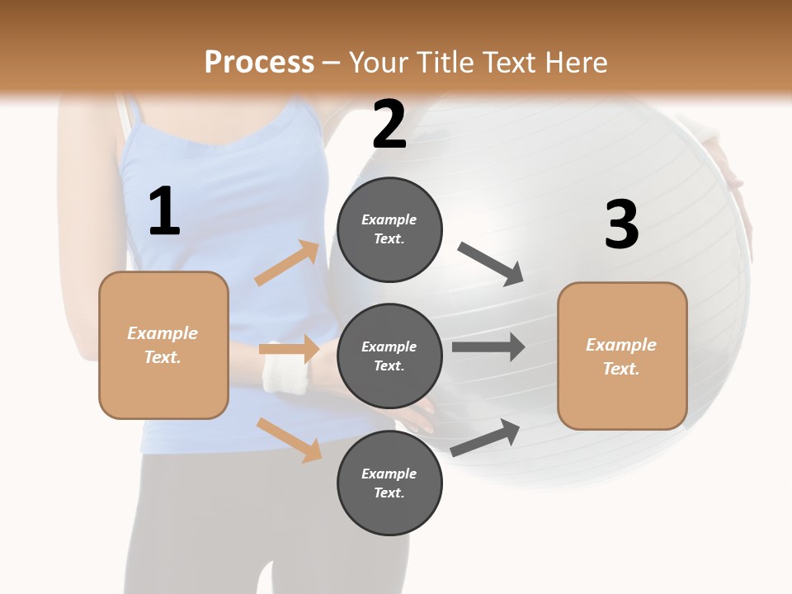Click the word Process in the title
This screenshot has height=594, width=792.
pos(259,62)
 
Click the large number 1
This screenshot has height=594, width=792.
pos(163,212)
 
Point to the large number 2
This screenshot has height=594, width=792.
pos(389,125)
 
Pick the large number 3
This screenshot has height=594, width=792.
pos(621,224)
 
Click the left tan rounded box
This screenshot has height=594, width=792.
pos(163,345)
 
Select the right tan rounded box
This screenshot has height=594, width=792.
pos(622,356)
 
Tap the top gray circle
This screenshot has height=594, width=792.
pos(389,229)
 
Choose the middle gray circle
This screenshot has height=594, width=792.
pos(389,356)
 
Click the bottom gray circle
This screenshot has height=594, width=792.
pos(389,483)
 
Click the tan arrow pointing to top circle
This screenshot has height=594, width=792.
pos(287,263)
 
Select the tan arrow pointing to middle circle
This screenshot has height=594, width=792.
pos(289,349)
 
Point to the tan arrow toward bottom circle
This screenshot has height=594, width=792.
pos(289,440)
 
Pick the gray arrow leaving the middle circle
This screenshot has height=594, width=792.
pos(488,347)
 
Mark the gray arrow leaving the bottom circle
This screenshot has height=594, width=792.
pos(486,438)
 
